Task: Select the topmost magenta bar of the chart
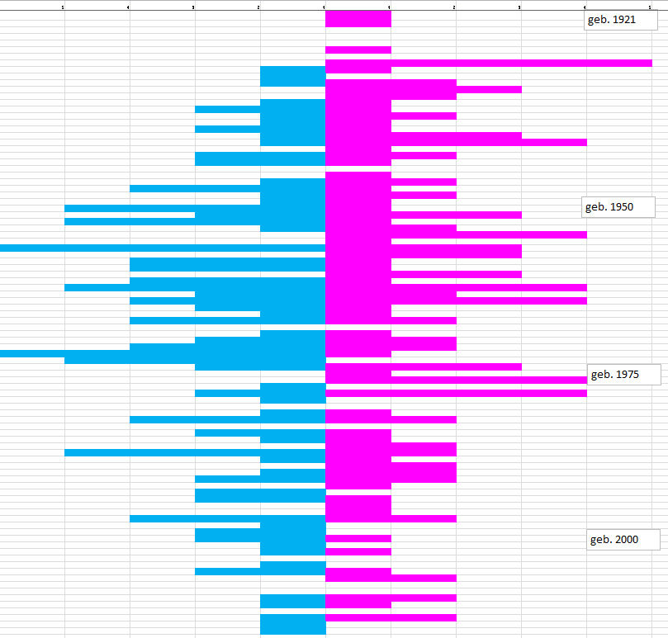pyautogui.click(x=358, y=18)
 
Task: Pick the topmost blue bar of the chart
pyautogui.click(x=292, y=76)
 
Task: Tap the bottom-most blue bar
pyautogui.click(x=292, y=624)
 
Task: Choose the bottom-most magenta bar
pyautogui.click(x=391, y=617)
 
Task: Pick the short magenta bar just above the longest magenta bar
pyautogui.click(x=358, y=50)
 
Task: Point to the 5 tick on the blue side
pyautogui.click(x=64, y=7)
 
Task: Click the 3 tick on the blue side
pyautogui.click(x=194, y=7)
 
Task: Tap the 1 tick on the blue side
pyautogui.click(x=325, y=7)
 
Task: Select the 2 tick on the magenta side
pyautogui.click(x=455, y=7)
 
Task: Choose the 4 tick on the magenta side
pyautogui.click(x=585, y=7)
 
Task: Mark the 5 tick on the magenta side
pyautogui.click(x=651, y=7)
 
